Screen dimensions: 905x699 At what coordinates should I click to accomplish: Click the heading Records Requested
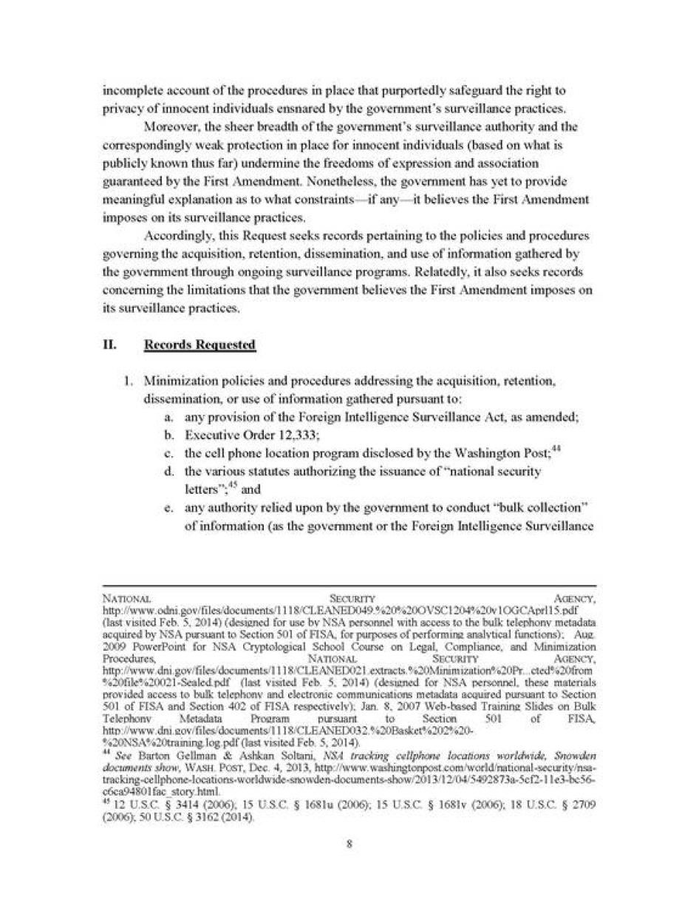click(200, 345)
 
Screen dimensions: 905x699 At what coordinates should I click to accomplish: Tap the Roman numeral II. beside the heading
click(112, 345)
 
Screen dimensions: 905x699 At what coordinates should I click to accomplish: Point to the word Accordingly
click(177, 236)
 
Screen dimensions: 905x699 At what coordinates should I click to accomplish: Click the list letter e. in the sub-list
click(169, 507)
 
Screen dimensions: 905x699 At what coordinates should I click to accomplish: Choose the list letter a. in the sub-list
click(169, 417)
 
